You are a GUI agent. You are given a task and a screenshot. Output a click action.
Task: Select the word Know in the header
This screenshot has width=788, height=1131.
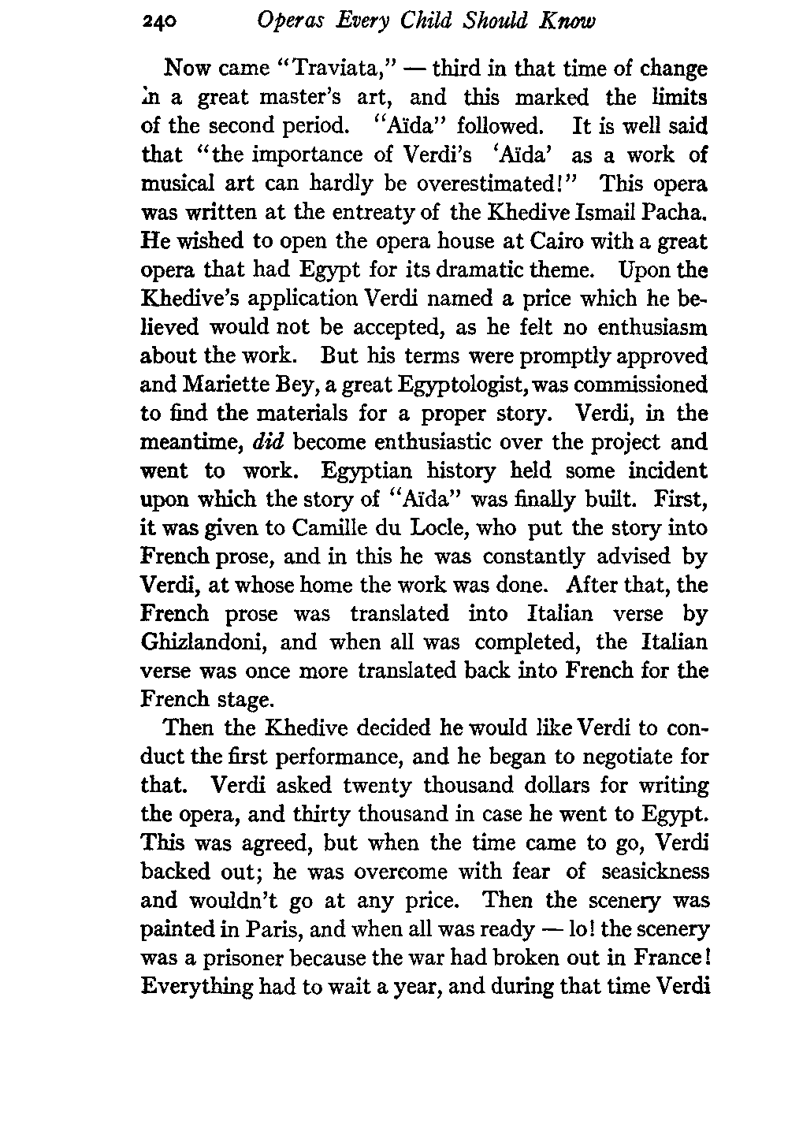(566, 21)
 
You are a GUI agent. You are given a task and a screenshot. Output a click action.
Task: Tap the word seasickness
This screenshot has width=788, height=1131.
(656, 872)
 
